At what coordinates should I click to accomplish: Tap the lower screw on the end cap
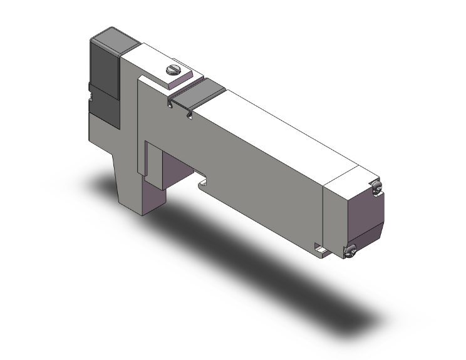[350, 251]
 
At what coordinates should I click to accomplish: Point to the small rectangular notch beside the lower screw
[323, 252]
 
